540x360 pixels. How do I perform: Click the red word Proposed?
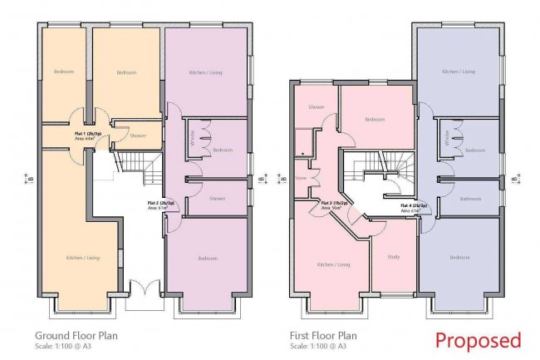[479, 339]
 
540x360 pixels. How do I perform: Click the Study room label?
[393, 257]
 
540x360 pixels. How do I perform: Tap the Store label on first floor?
[301, 177]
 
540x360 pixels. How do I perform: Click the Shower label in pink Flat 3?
[316, 107]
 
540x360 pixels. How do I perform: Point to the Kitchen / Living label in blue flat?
[459, 72]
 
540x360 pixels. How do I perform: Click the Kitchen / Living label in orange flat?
[83, 259]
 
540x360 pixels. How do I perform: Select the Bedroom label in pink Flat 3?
[374, 120]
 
